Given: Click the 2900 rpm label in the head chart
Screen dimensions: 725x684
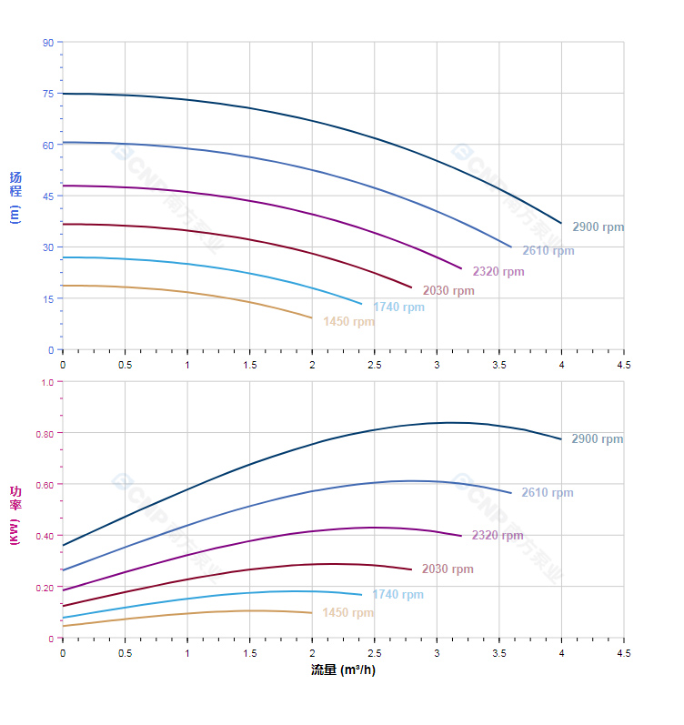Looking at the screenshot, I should pyautogui.click(x=598, y=227).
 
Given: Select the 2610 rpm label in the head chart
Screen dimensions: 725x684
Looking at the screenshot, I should pyautogui.click(x=548, y=251).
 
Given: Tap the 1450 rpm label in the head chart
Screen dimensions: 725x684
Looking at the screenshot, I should pyautogui.click(x=348, y=322).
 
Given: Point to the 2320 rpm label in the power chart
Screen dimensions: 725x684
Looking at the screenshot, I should pyautogui.click(x=498, y=536).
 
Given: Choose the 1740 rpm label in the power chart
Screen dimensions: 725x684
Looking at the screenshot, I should pyautogui.click(x=397, y=595).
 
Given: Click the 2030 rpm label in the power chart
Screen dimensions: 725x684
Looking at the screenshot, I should pyautogui.click(x=448, y=569).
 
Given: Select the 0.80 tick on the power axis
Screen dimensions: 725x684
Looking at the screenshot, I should pyautogui.click(x=45, y=433).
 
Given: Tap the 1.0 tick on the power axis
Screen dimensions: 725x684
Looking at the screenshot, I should pyautogui.click(x=47, y=382).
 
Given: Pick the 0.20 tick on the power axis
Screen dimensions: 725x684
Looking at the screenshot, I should pyautogui.click(x=45, y=587).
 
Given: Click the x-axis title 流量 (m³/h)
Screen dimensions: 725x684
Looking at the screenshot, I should pyautogui.click(x=343, y=670).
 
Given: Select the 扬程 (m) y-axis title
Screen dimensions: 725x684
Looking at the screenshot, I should pyautogui.click(x=15, y=196).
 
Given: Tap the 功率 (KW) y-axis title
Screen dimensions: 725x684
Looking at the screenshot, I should pyautogui.click(x=15, y=515).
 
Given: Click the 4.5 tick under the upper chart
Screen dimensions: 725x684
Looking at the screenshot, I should pyautogui.click(x=624, y=364).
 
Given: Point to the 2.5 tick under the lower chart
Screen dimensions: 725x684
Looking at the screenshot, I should pyautogui.click(x=374, y=653).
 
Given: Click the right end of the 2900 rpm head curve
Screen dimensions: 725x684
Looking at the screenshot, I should pyautogui.click(x=561, y=223).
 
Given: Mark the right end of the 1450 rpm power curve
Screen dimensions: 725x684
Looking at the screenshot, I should pyautogui.click(x=312, y=613).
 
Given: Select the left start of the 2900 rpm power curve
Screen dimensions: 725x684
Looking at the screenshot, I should pyautogui.click(x=63, y=545).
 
